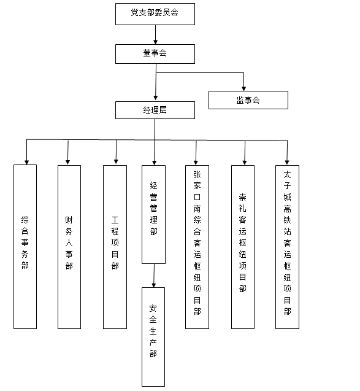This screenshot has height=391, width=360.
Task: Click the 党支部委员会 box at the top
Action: pyautogui.click(x=155, y=14)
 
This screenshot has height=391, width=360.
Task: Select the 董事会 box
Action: pyautogui.click(x=155, y=54)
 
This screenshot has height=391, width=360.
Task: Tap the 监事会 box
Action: pyautogui.click(x=248, y=100)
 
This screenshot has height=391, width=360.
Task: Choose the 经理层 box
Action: pyautogui.click(x=155, y=110)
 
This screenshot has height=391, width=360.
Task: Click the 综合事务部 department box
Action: pyautogui.click(x=25, y=247)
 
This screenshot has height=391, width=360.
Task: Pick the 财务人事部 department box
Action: pyautogui.click(x=69, y=247)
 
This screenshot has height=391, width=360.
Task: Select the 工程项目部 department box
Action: pyautogui.click(x=115, y=247)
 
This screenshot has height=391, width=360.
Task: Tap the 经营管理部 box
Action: pyautogui.click(x=153, y=214)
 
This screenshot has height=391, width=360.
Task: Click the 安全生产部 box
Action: pyautogui.click(x=153, y=337)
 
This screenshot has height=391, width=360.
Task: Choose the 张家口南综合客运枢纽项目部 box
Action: pyautogui.click(x=197, y=247)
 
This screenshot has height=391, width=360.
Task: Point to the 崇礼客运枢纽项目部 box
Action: pyautogui.click(x=243, y=247)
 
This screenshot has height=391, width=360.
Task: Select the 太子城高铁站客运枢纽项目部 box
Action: pyautogui.click(x=287, y=247)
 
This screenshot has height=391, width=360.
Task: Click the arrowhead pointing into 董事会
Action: pyautogui.click(x=155, y=42)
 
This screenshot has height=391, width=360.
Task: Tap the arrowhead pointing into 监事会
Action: pyautogui.click(x=243, y=88)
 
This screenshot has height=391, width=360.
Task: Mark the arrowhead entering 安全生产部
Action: pyautogui.click(x=154, y=285)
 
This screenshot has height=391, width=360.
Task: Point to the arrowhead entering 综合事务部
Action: pyautogui.click(x=26, y=162)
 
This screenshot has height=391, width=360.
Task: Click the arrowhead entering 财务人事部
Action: pyautogui.click(x=67, y=162)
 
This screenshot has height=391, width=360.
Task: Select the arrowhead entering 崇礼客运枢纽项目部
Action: pyautogui.click(x=245, y=163)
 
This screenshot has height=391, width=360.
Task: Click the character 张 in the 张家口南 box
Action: pyautogui.click(x=197, y=174)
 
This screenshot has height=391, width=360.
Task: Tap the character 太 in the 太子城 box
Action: pyautogui.click(x=287, y=174)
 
